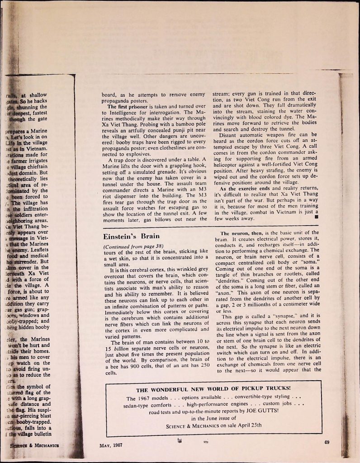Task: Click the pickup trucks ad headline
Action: pyautogui.click(x=213, y=388)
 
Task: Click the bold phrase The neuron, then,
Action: pyautogui.click(x=240, y=233)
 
